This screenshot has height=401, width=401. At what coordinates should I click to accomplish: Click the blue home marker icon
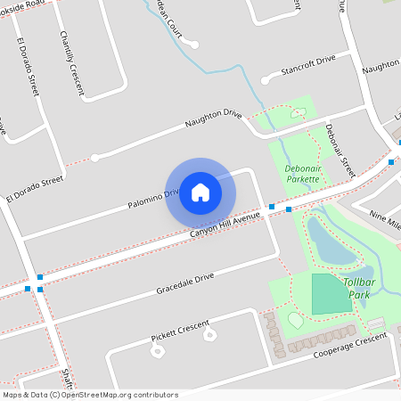200,192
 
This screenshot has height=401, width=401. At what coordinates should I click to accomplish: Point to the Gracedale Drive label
185,284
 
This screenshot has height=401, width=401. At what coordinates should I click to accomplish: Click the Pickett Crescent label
180,329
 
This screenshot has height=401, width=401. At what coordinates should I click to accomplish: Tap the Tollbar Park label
358,288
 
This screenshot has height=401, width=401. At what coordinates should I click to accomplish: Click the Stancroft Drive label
307,62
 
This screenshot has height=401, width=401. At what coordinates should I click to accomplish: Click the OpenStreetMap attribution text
68,395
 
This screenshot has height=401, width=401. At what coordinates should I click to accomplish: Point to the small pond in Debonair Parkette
298,112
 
